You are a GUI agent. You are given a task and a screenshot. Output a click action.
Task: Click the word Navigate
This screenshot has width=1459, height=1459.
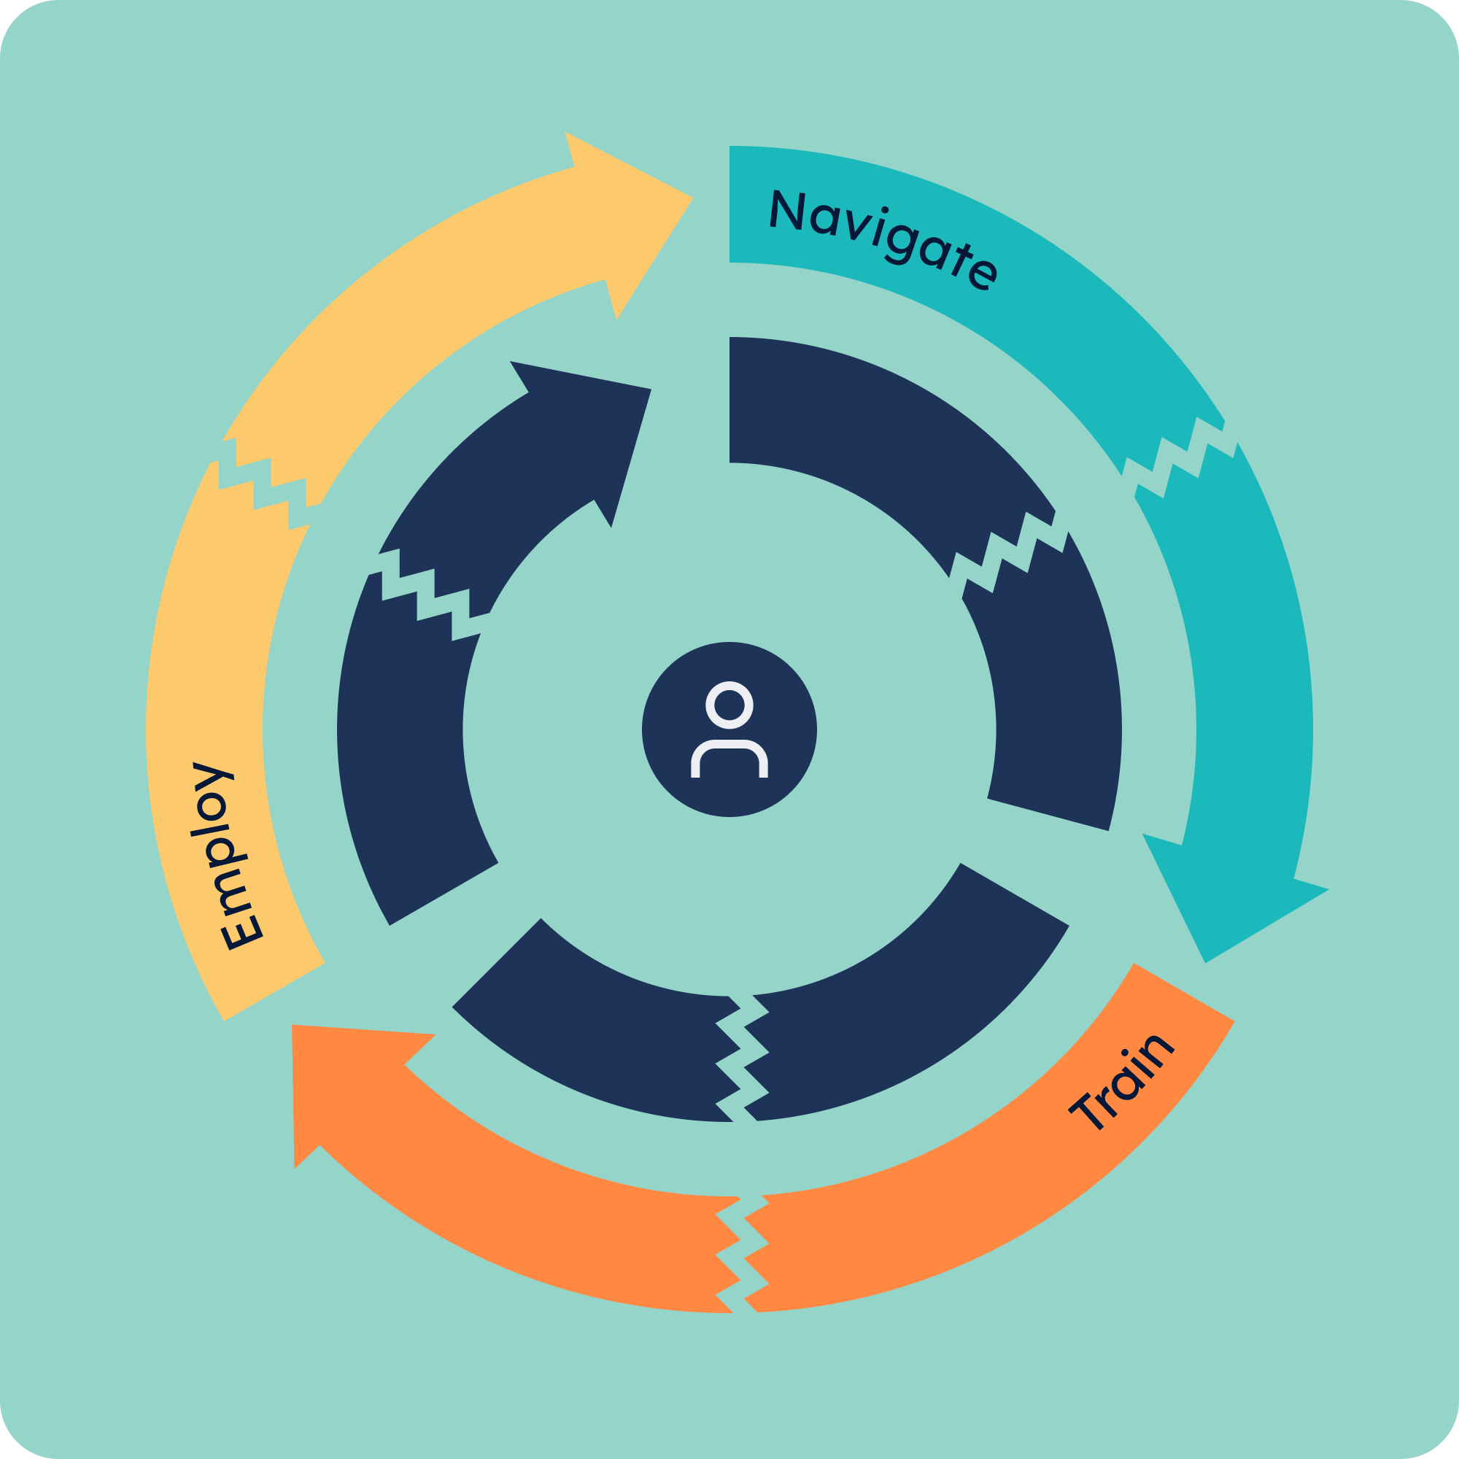click(x=883, y=239)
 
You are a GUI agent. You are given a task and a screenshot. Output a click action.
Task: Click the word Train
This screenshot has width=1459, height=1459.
click(x=1121, y=1082)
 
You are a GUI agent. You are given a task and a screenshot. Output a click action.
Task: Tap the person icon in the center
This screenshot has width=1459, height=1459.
click(x=729, y=729)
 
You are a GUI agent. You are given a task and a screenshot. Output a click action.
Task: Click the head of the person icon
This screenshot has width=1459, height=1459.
click(x=729, y=705)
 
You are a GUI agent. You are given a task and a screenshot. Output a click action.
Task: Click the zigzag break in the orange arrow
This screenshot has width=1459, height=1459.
click(x=743, y=1255)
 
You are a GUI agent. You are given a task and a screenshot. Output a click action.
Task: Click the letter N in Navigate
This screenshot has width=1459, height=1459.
click(x=786, y=209)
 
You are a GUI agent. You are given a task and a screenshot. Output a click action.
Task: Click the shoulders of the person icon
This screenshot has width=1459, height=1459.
click(x=729, y=758)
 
